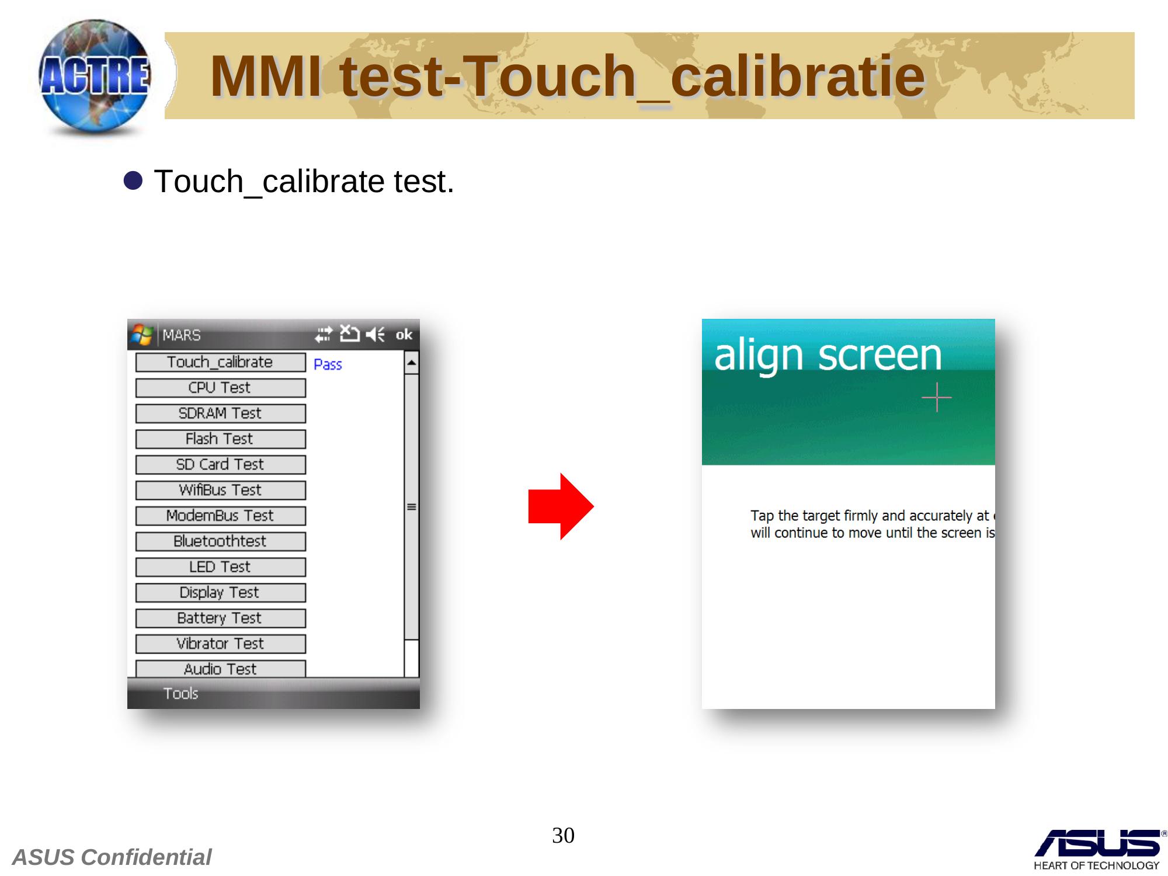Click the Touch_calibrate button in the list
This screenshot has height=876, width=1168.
[220, 362]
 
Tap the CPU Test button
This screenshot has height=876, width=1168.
[220, 388]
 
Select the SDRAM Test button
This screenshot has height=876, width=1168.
[220, 413]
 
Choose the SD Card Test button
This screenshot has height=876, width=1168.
[220, 465]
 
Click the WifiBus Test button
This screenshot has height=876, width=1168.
[220, 491]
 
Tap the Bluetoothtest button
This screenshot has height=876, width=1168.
[220, 541]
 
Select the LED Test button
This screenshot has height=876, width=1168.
[220, 567]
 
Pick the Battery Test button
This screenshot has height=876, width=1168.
[220, 618]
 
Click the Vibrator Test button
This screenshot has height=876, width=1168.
[220, 644]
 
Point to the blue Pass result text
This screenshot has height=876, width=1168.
[328, 364]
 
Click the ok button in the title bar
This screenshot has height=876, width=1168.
[404, 335]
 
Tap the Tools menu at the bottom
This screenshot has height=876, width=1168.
[180, 693]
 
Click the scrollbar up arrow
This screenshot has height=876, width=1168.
[412, 363]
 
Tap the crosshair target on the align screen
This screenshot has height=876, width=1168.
[937, 397]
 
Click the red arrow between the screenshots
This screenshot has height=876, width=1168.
[561, 506]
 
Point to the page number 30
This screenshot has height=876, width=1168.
[563, 835]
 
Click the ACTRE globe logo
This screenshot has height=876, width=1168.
[95, 78]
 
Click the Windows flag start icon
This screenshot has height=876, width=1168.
[142, 335]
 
